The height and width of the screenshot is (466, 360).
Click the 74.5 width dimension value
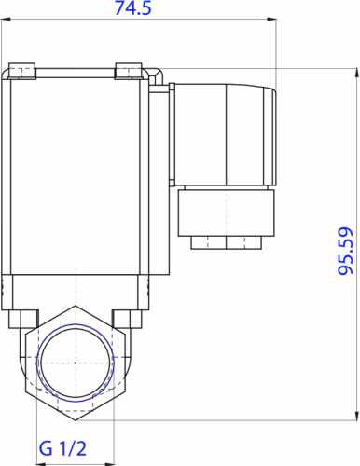point(133,8)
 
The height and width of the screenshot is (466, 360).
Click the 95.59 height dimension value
point(346,251)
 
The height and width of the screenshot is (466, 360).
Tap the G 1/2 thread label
point(62,449)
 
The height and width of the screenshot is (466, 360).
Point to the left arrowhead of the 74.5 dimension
point(6,20)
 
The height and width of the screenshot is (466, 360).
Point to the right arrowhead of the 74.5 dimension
point(271,20)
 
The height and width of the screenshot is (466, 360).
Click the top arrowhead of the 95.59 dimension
point(356,73)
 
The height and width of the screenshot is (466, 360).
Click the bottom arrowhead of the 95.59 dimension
point(356,416)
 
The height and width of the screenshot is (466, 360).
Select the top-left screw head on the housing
point(22,71)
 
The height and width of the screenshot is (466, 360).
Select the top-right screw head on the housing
point(129,71)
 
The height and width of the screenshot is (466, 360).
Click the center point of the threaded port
point(76,363)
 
